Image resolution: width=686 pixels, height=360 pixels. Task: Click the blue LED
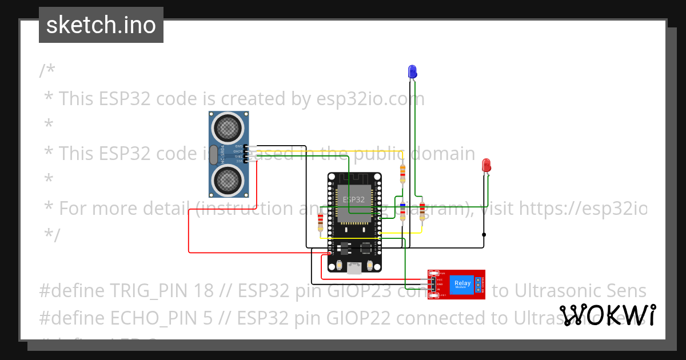pos(412,71)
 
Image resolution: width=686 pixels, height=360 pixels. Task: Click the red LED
pos(486,166)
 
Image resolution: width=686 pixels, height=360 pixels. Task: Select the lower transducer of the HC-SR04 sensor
pos(227,181)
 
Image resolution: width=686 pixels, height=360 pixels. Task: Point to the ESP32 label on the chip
pos(353,199)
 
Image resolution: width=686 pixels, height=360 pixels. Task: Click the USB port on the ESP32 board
pos(355,266)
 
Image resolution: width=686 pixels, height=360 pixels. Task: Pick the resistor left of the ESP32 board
pos(320,222)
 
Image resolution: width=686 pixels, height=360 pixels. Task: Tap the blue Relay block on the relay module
pos(462,283)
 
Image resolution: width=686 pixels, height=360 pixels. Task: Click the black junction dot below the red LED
pos(484,234)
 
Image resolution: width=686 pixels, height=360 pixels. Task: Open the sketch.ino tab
pos(101,25)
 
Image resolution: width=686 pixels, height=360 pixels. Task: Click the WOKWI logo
pos(608,315)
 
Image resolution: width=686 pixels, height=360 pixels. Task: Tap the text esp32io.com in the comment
pos(370,99)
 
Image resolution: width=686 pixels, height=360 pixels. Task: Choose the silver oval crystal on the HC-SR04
pos(214,154)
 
